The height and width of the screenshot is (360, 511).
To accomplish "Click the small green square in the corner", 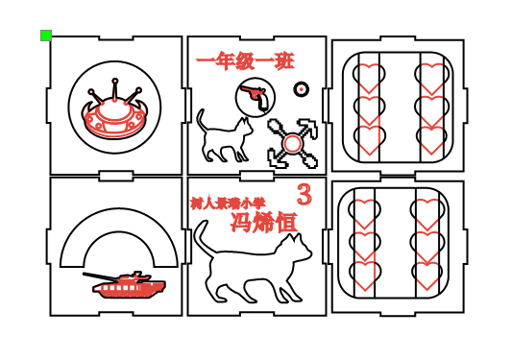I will pyautogui.click(x=46, y=36).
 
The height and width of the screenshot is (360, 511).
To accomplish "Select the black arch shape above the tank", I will pyautogui.click(x=119, y=230).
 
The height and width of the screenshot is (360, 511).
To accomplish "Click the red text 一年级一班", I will pyautogui.click(x=245, y=61).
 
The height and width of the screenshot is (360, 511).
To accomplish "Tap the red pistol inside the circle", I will pyautogui.click(x=255, y=95).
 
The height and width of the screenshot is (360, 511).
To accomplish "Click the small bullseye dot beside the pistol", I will pyautogui.click(x=302, y=89).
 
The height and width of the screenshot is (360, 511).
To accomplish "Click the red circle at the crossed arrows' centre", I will pyautogui.click(x=293, y=144).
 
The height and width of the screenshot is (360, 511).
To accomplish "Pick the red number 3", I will pyautogui.click(x=304, y=195).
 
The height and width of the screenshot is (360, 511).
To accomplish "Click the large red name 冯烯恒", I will pyautogui.click(x=263, y=222).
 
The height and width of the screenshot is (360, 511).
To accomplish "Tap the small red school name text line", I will pyautogui.click(x=228, y=204).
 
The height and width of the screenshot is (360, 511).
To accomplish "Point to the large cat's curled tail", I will pyautogui.click(x=201, y=235).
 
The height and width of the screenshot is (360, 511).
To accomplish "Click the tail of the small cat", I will pyautogui.click(x=202, y=121).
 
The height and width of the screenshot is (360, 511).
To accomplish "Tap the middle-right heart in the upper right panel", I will pyautogui.click(x=431, y=109).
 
